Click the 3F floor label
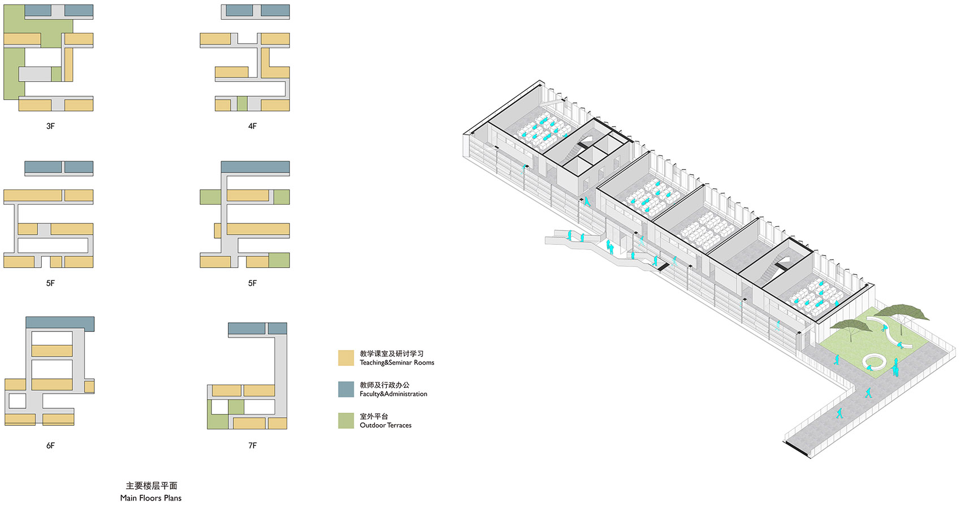click(50, 126)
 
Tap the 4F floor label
click(252, 126)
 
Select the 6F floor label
click(50, 446)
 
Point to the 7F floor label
click(252, 446)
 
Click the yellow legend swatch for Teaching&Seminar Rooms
click(346, 358)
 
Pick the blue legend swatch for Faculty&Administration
click(346, 389)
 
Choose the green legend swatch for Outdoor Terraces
click(346, 421)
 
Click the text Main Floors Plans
click(151, 498)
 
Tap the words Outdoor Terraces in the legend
click(386, 425)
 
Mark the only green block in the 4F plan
click(242, 104)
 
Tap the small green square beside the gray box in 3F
click(56, 74)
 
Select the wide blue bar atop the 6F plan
click(60, 323)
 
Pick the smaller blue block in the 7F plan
click(277, 329)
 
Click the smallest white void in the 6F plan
click(18, 401)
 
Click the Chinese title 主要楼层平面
click(151, 486)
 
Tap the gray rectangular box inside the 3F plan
click(34, 74)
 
